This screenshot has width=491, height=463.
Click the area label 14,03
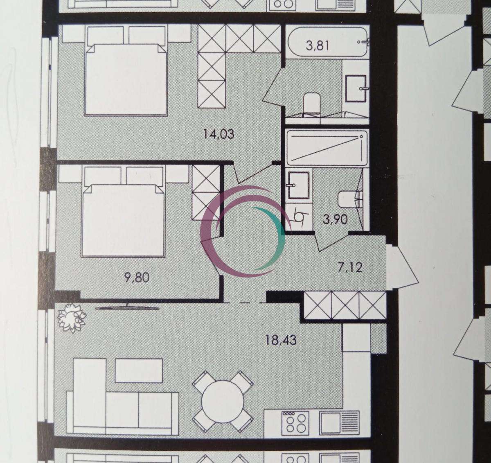[x=218, y=134]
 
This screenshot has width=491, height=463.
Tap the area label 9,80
[x=137, y=278]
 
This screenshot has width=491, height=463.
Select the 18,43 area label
[x=281, y=341]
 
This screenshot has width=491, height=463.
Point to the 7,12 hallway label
[x=350, y=267]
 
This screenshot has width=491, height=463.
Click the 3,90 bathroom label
[x=335, y=219]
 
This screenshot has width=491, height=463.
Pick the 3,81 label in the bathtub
[x=318, y=45]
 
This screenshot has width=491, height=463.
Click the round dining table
[x=223, y=401]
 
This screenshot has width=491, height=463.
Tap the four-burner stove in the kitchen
[x=296, y=425]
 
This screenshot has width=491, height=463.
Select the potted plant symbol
[x=72, y=318]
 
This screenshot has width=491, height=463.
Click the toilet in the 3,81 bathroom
[x=312, y=104]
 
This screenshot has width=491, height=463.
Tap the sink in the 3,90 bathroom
[x=299, y=185]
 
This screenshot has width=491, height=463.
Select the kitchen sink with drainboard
[x=339, y=425]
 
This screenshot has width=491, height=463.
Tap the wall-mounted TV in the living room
[x=127, y=307]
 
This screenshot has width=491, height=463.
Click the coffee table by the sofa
[x=139, y=370]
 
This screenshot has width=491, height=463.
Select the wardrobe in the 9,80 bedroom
[x=206, y=192]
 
